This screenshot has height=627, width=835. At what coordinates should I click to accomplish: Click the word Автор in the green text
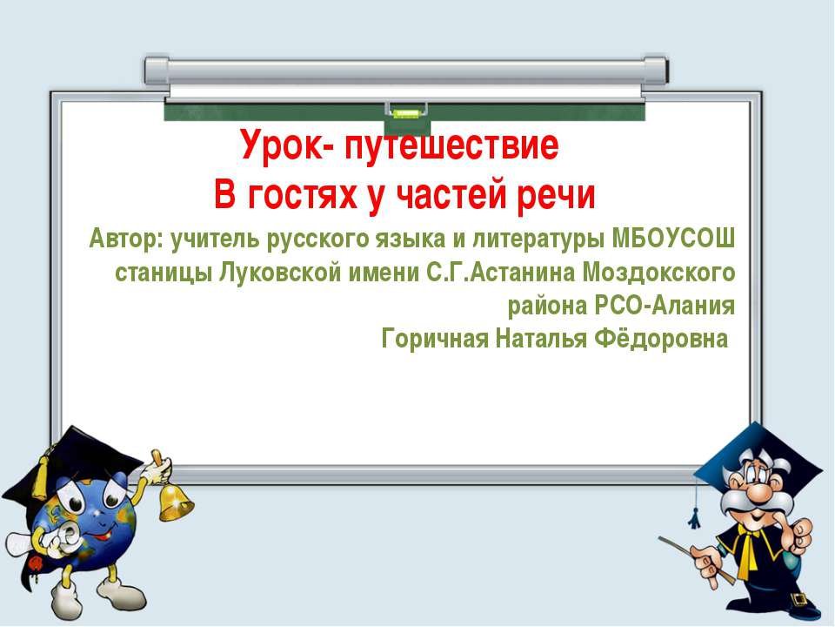(125, 237)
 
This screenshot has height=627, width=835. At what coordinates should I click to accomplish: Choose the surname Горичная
(435, 339)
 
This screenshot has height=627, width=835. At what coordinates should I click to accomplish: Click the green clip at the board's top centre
(405, 111)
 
